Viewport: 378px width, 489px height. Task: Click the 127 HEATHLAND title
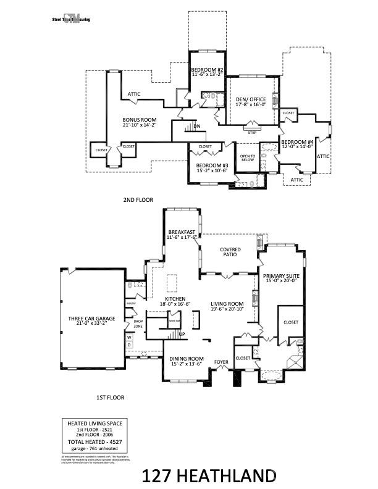pos(209,476)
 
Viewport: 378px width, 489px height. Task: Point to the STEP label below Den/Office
pos(252,132)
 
